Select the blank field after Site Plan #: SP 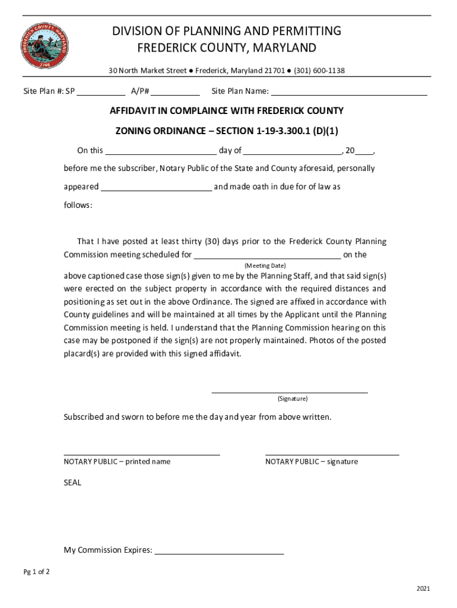coord(101,92)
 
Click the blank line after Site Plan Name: coord(349,92)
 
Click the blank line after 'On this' coord(160,151)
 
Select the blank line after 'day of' coord(292,151)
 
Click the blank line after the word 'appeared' coord(156,187)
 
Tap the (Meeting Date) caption coord(265,265)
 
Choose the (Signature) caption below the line coord(292,399)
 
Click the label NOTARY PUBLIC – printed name coord(117,461)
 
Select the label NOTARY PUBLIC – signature coord(312,461)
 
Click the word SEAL coord(72,483)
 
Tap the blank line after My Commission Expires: coord(218,550)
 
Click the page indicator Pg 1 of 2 coord(37,572)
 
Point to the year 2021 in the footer coord(423,589)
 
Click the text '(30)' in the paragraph coord(212,242)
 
